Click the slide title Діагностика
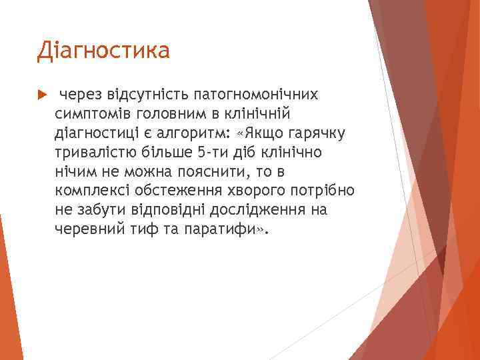pos(103,51)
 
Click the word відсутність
pos(148,95)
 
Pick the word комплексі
pos(91,191)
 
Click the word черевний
pos(87,230)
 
